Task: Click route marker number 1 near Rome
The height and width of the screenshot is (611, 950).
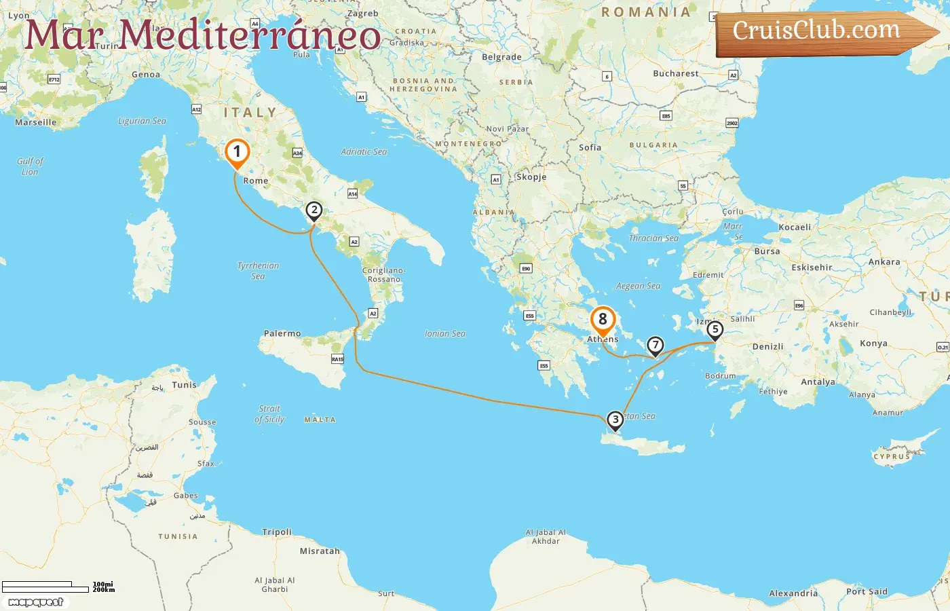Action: pyautogui.click(x=237, y=152)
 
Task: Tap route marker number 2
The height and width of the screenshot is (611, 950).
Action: pyautogui.click(x=313, y=210)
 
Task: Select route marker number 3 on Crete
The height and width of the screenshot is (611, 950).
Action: pyautogui.click(x=615, y=420)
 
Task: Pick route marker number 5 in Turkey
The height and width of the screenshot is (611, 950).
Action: pyautogui.click(x=715, y=330)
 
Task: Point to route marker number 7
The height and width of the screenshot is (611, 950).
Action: pyautogui.click(x=655, y=345)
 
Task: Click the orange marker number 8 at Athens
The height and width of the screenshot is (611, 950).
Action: pyautogui.click(x=603, y=320)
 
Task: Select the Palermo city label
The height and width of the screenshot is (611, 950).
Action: pyautogui.click(x=282, y=333)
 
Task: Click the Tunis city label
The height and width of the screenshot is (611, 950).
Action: pyautogui.click(x=184, y=385)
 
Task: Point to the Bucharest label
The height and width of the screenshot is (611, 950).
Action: pyautogui.click(x=675, y=73)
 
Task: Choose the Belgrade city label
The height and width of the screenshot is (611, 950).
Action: pyautogui.click(x=501, y=57)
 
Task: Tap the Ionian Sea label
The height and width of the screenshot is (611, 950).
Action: pyautogui.click(x=445, y=333)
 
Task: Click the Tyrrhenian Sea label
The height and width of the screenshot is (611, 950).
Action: pyautogui.click(x=258, y=270)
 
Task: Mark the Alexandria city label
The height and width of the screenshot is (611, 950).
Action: pyautogui.click(x=793, y=593)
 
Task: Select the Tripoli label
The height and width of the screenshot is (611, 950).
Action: pyautogui.click(x=277, y=532)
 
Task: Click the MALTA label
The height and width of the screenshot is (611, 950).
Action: pyautogui.click(x=320, y=420)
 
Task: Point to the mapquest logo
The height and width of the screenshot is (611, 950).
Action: pyautogui.click(x=36, y=602)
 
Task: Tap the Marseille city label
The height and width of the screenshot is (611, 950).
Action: pyautogui.click(x=36, y=122)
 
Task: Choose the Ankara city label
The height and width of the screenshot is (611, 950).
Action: pyautogui.click(x=884, y=262)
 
